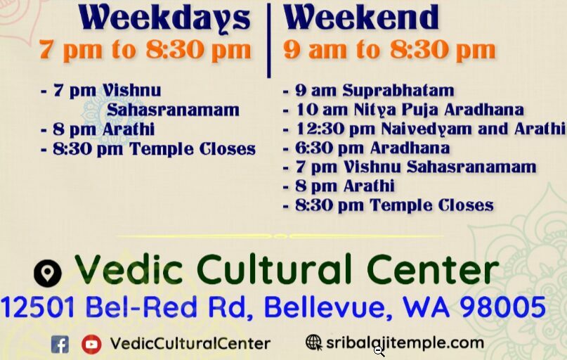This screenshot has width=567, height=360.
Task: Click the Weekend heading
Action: (x=361, y=18)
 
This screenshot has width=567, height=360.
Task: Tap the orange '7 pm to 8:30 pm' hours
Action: (x=145, y=50)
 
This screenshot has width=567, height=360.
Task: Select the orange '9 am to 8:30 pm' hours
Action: (x=389, y=50)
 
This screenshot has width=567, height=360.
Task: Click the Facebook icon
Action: (x=60, y=344)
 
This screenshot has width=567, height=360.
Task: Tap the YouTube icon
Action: (x=91, y=344)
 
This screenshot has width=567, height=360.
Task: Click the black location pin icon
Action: (x=48, y=272)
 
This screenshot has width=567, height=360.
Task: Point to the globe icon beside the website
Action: (x=313, y=342)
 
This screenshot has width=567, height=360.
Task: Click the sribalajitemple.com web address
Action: (x=405, y=343)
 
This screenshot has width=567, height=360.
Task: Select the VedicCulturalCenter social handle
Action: (x=190, y=344)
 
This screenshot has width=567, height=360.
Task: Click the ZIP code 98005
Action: (x=503, y=307)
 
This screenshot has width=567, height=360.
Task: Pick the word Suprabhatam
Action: (x=398, y=91)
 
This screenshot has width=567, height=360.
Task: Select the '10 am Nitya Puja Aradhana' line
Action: (x=403, y=110)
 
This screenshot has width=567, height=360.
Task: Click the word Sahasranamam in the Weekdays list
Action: (x=173, y=110)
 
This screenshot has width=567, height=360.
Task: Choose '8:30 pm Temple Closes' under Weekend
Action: (x=389, y=205)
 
